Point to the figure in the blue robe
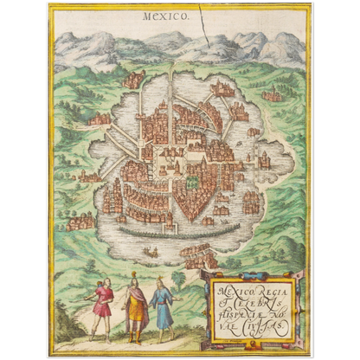point(162,305)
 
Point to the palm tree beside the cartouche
point(179,279)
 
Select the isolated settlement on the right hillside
point(273,94)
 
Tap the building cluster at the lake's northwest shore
point(132,81)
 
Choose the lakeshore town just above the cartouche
point(198,255)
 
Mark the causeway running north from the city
point(172,87)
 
